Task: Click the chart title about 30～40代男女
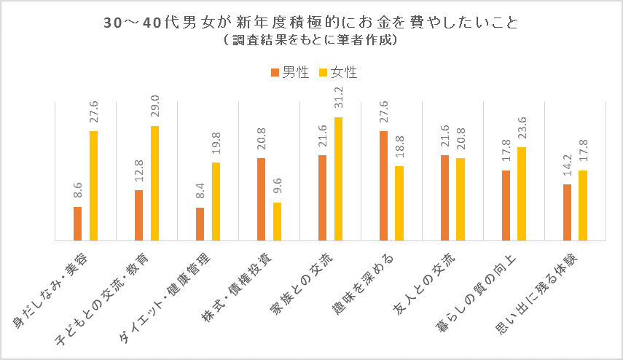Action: tap(311, 23)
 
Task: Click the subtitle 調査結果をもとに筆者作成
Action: tap(311, 42)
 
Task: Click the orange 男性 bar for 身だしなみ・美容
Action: tap(77, 223)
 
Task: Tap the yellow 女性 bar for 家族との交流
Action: tap(338, 178)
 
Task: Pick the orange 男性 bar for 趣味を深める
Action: tap(383, 185)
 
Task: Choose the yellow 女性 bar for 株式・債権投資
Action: tap(277, 221)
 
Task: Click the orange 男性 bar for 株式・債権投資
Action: tap(261, 198)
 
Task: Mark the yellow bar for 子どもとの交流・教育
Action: tap(154, 182)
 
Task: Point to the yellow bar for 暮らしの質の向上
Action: tap(522, 193)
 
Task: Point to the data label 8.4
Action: tap(200, 192)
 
